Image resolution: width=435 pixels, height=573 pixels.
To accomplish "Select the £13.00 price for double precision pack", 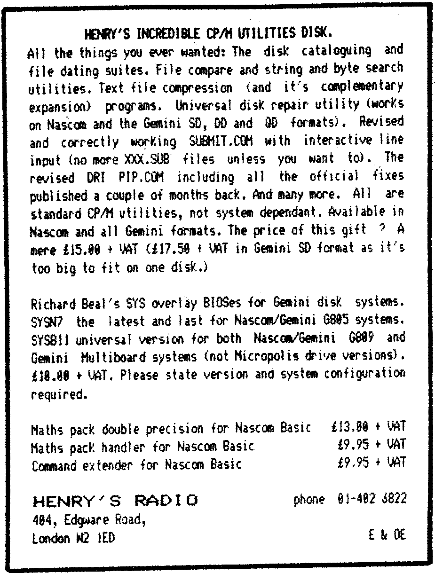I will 350,428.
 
